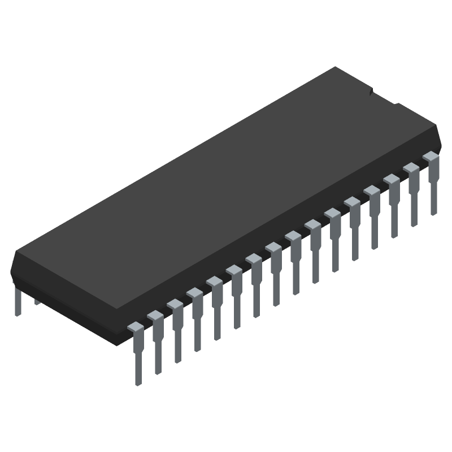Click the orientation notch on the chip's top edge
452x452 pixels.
[x=370, y=90]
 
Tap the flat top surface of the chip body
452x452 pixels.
[x=226, y=186]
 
